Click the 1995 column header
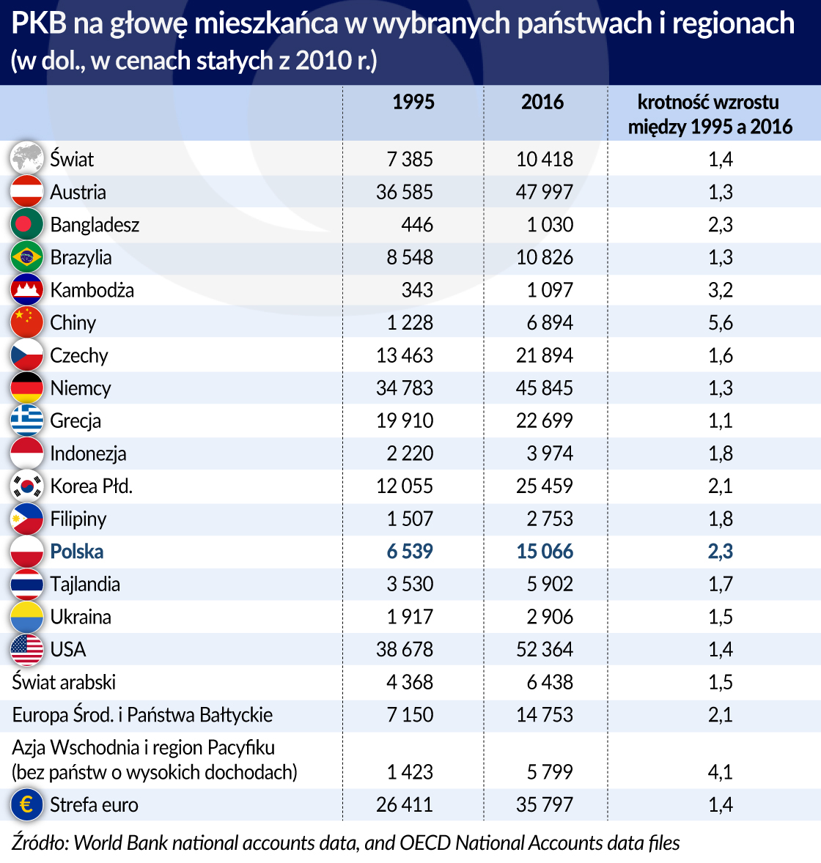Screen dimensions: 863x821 pyautogui.click(x=413, y=102)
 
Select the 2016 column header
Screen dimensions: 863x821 pyautogui.click(x=542, y=102)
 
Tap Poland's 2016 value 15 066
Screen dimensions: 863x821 pyautogui.click(x=545, y=552)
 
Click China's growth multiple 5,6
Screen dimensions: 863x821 pyautogui.click(x=721, y=323)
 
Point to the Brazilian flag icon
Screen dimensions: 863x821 pyautogui.click(x=27, y=257)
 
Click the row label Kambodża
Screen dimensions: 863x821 pyautogui.click(x=92, y=290)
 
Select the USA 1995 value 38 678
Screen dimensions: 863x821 pyautogui.click(x=405, y=650)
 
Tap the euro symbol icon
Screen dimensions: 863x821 pyautogui.click(x=27, y=804)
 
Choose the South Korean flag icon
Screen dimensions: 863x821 pyautogui.click(x=27, y=486)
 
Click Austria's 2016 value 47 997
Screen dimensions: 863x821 pyautogui.click(x=545, y=192)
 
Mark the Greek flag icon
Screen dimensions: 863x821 pyautogui.click(x=27, y=421)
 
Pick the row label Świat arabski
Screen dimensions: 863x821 pyautogui.click(x=64, y=682)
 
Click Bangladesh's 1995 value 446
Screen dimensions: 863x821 pyautogui.click(x=417, y=225)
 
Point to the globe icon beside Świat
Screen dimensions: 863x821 pyautogui.click(x=27, y=158)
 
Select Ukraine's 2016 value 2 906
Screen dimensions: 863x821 pyautogui.click(x=550, y=617)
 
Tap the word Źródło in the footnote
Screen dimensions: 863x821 pyautogui.click(x=40, y=843)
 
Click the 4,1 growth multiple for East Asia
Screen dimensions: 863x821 pyautogui.click(x=721, y=772)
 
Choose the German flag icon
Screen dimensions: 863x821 pyautogui.click(x=27, y=388)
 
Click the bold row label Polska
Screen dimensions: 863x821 pyautogui.click(x=77, y=552)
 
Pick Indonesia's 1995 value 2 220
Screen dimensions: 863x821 pyautogui.click(x=410, y=453)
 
